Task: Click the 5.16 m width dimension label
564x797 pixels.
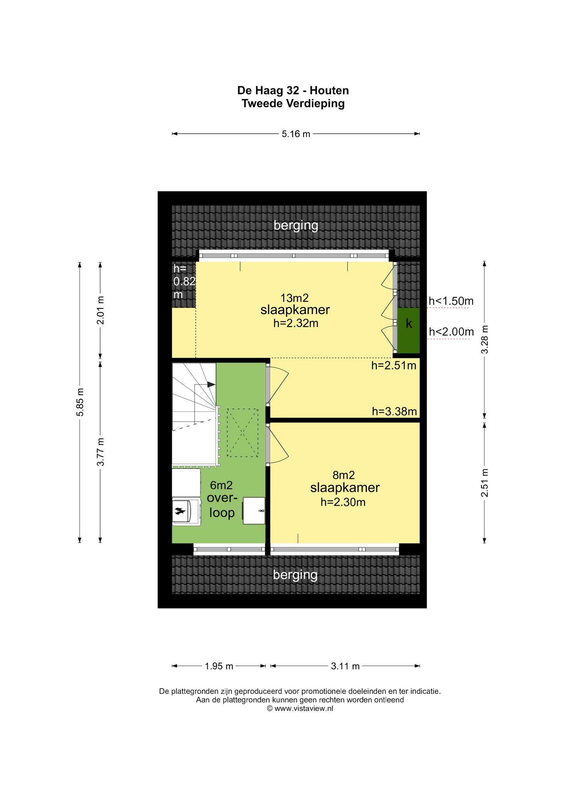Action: (x=296, y=134)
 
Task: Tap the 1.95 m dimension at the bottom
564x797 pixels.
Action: (x=219, y=666)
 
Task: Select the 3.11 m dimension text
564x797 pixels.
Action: (x=345, y=666)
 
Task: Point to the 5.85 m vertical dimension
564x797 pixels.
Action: (x=80, y=402)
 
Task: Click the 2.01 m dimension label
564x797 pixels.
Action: (x=100, y=311)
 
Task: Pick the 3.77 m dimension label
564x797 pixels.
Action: (x=100, y=451)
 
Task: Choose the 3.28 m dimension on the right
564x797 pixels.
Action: (x=485, y=339)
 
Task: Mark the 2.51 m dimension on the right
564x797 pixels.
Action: (x=485, y=483)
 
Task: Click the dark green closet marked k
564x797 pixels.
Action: (x=409, y=330)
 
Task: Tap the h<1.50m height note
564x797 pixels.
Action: (x=451, y=301)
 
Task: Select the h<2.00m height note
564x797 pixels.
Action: (x=451, y=332)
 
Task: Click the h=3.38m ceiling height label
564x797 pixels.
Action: (x=394, y=411)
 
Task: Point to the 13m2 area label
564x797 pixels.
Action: (x=295, y=298)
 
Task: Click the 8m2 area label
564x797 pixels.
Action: (x=344, y=475)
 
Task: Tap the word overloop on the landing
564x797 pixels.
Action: (x=222, y=505)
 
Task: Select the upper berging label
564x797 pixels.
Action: (x=296, y=225)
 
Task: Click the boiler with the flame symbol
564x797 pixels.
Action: (x=186, y=511)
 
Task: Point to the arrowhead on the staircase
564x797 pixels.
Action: (x=211, y=384)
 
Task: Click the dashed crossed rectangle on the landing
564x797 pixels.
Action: (x=242, y=433)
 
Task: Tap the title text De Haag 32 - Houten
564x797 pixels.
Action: (x=293, y=91)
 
